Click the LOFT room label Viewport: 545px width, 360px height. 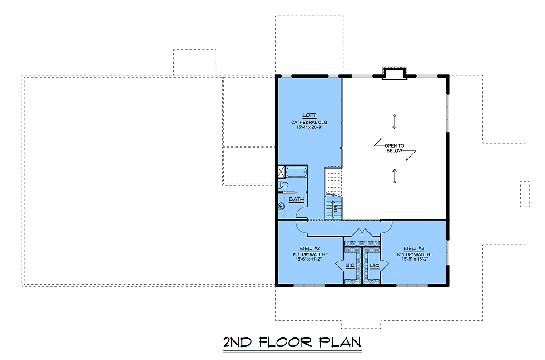(309, 115)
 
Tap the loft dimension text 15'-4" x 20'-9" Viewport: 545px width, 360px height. (309, 127)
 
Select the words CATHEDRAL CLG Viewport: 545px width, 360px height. (309, 123)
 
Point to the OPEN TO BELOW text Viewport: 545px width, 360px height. (394, 148)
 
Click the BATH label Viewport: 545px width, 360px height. (296, 199)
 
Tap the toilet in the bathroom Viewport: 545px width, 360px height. (282, 185)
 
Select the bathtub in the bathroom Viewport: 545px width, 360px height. (296, 172)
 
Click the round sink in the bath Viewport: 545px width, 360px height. (282, 206)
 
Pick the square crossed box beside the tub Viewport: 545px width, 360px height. (282, 172)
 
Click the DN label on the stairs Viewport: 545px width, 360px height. (336, 209)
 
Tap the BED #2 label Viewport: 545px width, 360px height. (310, 249)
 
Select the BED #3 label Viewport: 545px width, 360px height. (414, 249)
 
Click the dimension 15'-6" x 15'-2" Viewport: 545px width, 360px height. (415, 259)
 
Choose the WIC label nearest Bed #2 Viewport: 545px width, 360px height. (350, 266)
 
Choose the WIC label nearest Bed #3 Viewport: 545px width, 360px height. (375, 266)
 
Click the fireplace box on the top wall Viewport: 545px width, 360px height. (394, 73)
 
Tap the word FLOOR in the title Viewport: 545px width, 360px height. (285, 342)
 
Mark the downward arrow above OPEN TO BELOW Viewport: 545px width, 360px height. (395, 122)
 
